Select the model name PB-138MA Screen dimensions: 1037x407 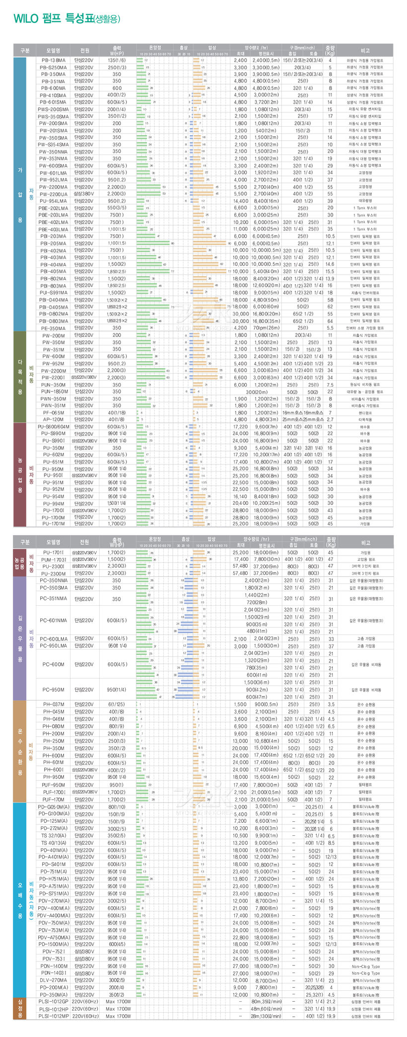coord(53,60)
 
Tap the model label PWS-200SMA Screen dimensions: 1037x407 coord(53,109)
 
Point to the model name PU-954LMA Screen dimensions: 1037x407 coord(53,201)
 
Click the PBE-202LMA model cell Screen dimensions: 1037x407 coord(53,208)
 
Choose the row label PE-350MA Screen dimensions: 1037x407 coord(53,328)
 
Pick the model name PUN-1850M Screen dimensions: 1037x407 coord(53,392)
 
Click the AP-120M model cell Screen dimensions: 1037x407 coord(53,419)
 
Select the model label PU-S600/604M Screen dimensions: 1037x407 coord(53,427)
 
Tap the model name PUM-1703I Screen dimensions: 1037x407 coord(53,559)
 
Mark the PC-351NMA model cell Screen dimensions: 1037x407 coord(53,599)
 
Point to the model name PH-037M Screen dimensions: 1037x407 coord(53,704)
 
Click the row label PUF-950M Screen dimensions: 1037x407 coord(53,785)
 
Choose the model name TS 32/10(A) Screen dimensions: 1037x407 coord(53,836)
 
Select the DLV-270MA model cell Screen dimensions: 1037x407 coord(53,980)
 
